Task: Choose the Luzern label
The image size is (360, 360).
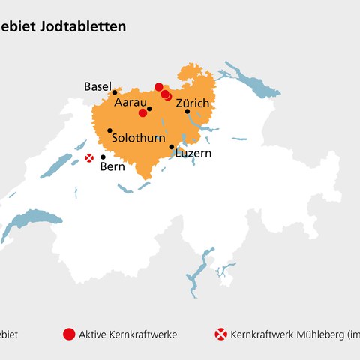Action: click(x=193, y=153)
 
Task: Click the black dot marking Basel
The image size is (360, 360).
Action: click(x=115, y=92)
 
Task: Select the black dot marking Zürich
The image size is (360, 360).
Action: click(x=187, y=111)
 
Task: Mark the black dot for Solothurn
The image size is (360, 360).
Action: click(x=109, y=130)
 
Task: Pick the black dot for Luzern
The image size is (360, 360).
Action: click(x=172, y=147)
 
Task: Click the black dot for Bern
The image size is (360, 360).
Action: click(x=103, y=157)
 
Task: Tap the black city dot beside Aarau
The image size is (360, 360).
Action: click(x=149, y=109)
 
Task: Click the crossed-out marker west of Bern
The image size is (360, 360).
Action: click(x=89, y=157)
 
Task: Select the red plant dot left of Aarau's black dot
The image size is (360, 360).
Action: click(x=142, y=113)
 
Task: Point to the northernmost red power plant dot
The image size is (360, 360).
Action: click(x=158, y=87)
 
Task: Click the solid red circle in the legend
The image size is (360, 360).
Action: click(x=69, y=334)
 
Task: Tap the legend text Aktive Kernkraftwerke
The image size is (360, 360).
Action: click(x=127, y=334)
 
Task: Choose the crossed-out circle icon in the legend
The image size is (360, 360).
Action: click(x=220, y=334)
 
